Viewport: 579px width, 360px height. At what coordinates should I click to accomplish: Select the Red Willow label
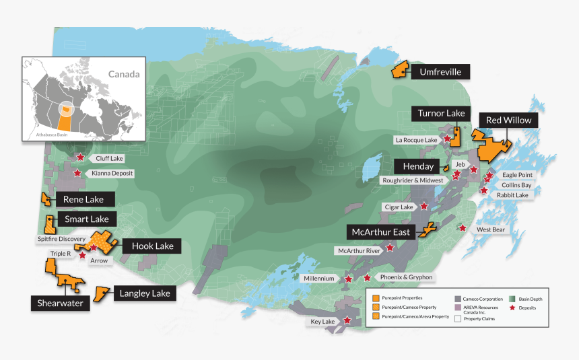pos(508,120)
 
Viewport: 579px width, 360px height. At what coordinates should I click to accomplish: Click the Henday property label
pos(417,166)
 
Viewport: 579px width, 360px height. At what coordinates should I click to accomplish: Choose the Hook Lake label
pos(153,246)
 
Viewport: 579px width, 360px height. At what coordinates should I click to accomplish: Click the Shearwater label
pos(61,303)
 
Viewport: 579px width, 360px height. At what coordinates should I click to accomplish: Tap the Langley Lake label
pos(145,293)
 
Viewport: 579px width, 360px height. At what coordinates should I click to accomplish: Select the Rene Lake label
pos(83,199)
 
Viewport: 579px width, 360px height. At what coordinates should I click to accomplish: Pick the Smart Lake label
pos(87,219)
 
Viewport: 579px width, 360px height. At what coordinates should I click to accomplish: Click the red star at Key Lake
pos(347,320)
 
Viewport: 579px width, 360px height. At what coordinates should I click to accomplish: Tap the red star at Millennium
pos(348,279)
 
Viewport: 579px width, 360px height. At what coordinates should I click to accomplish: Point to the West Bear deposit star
pos(462,227)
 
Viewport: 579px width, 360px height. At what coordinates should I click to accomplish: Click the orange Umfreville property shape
pos(401,69)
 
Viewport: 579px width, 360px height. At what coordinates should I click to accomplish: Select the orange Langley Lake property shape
pos(100,293)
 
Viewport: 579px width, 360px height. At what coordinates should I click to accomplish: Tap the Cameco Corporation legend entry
pos(481,298)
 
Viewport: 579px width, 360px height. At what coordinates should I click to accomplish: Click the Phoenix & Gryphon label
pos(405,277)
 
